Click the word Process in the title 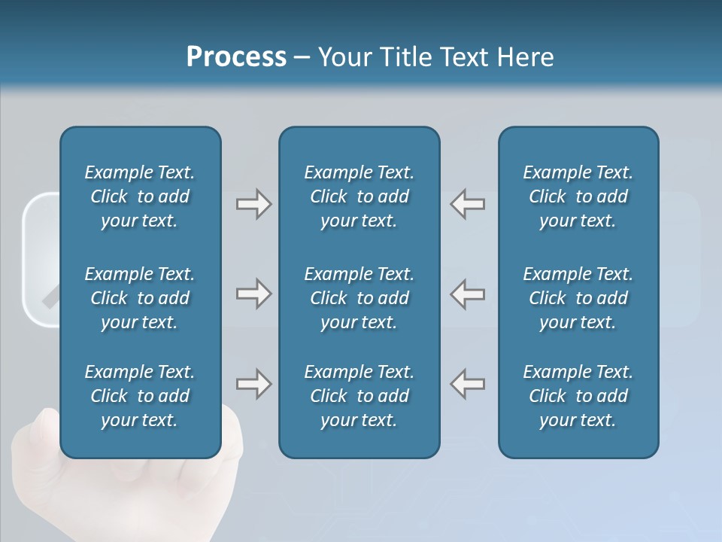tap(236, 57)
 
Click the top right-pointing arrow tap(253, 204)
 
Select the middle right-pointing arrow tap(253, 294)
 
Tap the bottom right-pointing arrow tap(253, 384)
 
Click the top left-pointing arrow tap(467, 204)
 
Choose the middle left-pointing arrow tap(467, 294)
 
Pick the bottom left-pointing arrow tap(467, 384)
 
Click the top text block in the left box tap(140, 196)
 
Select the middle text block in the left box tap(140, 298)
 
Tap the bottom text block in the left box tap(140, 396)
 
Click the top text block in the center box tap(359, 196)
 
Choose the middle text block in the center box tap(359, 298)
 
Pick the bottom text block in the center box tap(359, 396)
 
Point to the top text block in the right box tap(578, 196)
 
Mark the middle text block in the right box tap(578, 298)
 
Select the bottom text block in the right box tap(578, 396)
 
